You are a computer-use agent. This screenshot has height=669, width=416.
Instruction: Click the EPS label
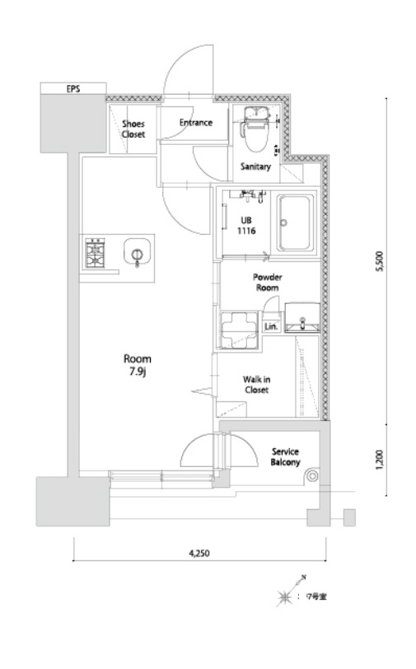(73, 89)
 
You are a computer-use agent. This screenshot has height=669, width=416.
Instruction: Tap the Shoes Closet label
(133, 129)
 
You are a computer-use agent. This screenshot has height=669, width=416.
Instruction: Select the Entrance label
(196, 123)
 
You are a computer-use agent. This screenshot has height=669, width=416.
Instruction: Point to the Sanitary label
(255, 166)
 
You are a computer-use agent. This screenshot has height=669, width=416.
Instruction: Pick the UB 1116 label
(246, 226)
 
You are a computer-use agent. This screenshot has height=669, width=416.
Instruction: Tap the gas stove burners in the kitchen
(96, 253)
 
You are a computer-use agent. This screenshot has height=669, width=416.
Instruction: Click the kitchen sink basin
(137, 253)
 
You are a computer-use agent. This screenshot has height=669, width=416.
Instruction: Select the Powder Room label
(267, 283)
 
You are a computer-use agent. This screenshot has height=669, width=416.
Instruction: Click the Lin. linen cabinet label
(271, 327)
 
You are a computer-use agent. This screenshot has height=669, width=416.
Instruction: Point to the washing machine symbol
(239, 330)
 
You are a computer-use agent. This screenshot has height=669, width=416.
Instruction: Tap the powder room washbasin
(302, 317)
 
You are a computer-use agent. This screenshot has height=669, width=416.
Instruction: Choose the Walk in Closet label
(256, 385)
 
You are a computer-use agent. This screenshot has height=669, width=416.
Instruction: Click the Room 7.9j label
(138, 365)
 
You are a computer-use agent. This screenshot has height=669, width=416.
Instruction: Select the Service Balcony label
(286, 456)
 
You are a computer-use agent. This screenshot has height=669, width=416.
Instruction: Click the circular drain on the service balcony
(312, 475)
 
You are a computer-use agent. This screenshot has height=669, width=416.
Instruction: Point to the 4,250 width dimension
(199, 554)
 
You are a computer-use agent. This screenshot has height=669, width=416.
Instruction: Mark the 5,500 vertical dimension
(381, 261)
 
